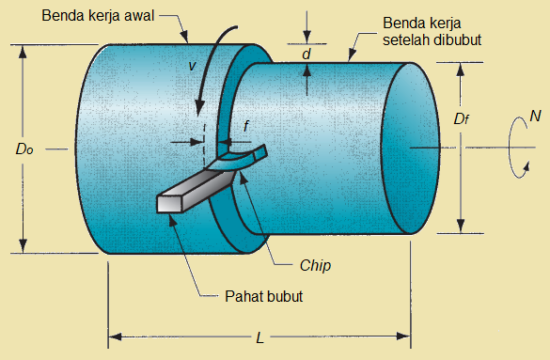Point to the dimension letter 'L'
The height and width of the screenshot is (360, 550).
pos(259,337)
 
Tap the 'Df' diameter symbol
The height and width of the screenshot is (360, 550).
pos(461,119)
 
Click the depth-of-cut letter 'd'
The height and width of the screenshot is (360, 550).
pos(306,55)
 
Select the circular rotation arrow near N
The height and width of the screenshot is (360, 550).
pos(515,148)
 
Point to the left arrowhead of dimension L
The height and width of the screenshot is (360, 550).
pos(115,336)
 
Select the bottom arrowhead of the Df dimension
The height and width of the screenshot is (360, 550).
pos(461,227)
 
